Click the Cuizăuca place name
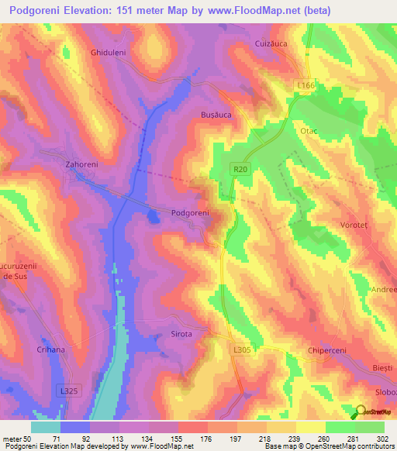271,45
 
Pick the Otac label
309,132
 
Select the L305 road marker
243,350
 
